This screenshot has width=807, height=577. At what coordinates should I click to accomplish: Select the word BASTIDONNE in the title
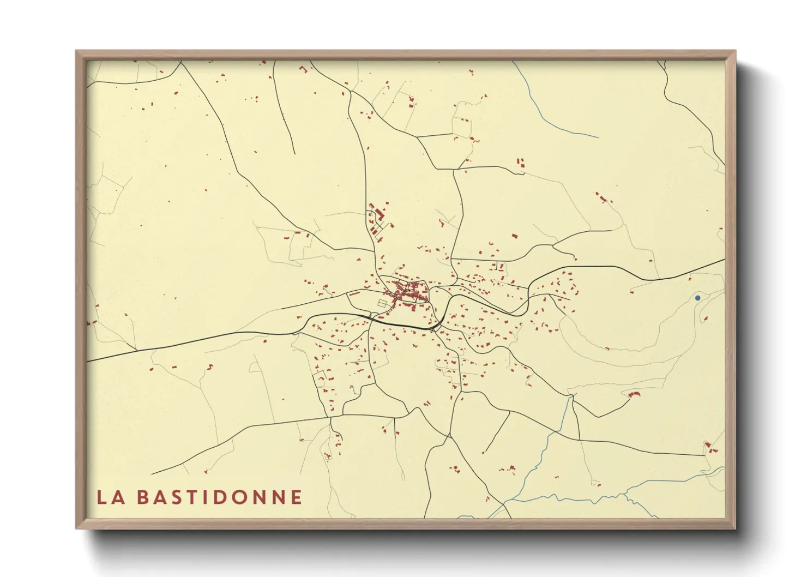click(x=219, y=497)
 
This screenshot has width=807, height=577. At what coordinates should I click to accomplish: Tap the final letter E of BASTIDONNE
click(x=297, y=497)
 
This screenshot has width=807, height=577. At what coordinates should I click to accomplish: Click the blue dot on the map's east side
click(x=697, y=298)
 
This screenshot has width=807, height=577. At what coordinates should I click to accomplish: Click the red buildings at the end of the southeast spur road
click(x=634, y=394)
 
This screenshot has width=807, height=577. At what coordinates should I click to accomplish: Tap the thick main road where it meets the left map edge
click(x=88, y=360)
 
